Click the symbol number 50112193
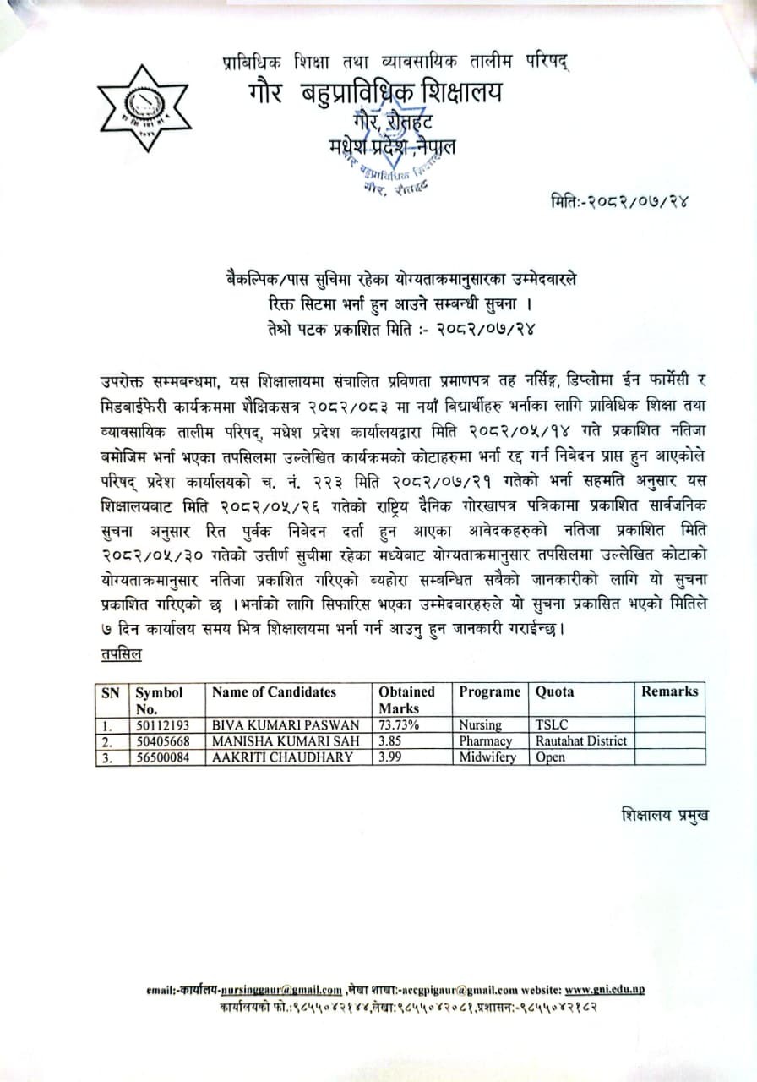163,725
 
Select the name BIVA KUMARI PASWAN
286,725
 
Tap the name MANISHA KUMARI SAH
286,741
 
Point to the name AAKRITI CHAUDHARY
282,757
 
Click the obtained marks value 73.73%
399,725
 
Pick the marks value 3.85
390,741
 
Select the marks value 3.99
390,757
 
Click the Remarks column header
669,691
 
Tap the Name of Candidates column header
274,692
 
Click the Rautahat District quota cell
581,741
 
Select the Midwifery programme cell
487,757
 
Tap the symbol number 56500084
163,757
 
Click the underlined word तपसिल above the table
122,655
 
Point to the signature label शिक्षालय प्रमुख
664,815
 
